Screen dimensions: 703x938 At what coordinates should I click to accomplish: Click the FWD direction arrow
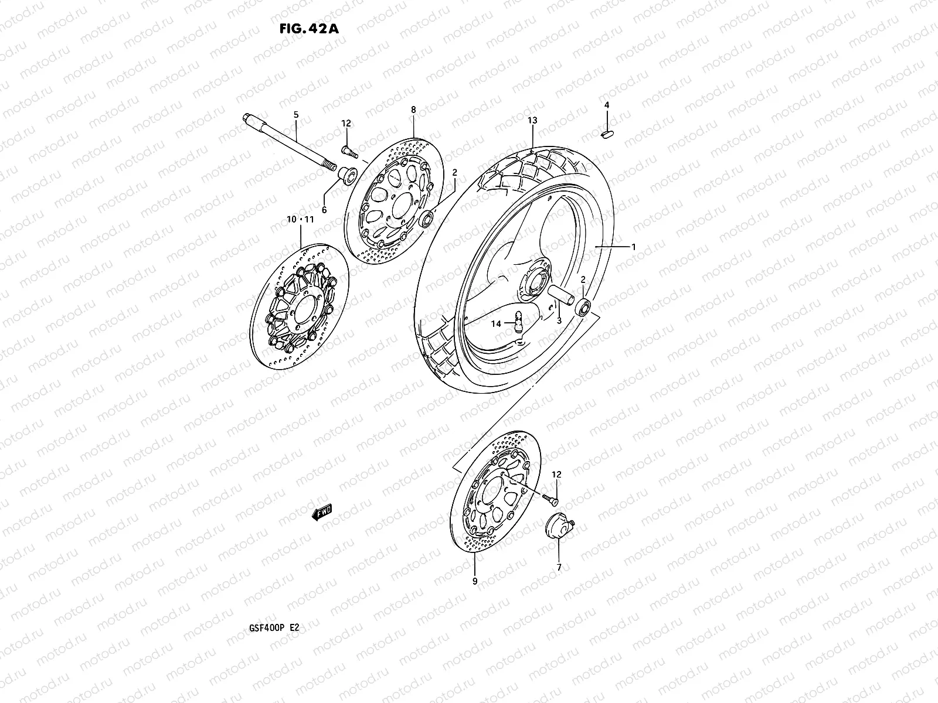[322, 513]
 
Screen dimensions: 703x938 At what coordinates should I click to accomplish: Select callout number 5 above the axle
[295, 115]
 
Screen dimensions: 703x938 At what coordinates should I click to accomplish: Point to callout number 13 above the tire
[532, 120]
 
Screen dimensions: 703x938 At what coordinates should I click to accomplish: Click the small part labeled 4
[607, 134]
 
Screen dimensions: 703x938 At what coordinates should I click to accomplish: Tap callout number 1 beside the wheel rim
[633, 247]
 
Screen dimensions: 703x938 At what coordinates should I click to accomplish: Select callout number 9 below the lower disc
[474, 581]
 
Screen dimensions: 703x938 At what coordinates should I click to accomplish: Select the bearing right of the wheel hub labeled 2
[583, 308]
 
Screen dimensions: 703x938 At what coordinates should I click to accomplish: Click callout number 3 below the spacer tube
[559, 321]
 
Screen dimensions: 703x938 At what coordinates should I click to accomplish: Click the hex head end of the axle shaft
[245, 120]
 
